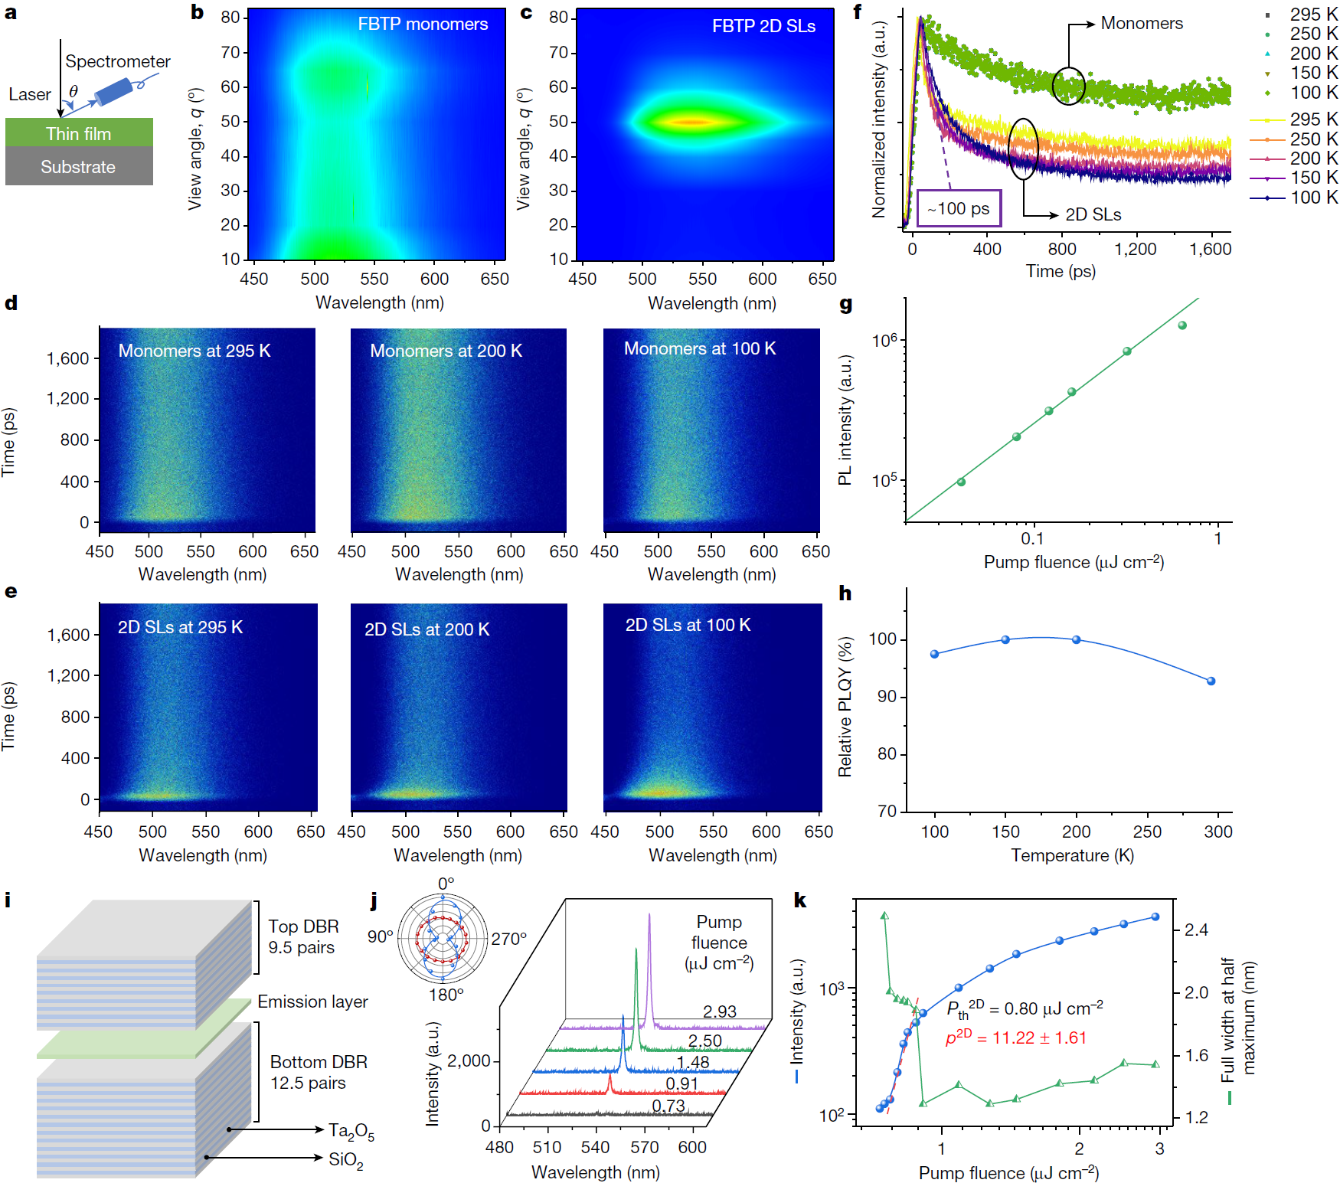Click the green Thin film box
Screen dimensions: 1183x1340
pyautogui.click(x=79, y=133)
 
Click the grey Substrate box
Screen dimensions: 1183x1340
pyautogui.click(x=79, y=167)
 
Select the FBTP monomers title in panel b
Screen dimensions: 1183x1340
pyautogui.click(x=423, y=24)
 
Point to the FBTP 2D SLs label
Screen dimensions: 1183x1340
pyautogui.click(x=763, y=26)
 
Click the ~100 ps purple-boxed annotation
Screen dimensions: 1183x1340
pyautogui.click(x=959, y=208)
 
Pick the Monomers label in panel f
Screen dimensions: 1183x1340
pyautogui.click(x=1141, y=23)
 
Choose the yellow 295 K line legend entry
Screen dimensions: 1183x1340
pyautogui.click(x=1293, y=119)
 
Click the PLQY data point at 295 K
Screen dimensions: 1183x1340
pyautogui.click(x=1211, y=681)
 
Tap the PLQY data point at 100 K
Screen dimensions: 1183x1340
pyautogui.click(x=934, y=654)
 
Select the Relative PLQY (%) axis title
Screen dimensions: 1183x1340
pyautogui.click(x=845, y=706)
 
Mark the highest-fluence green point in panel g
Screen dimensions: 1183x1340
pyautogui.click(x=1182, y=325)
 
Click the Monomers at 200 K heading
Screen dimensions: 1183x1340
pyautogui.click(x=446, y=351)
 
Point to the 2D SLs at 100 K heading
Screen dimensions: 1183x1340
pyautogui.click(x=688, y=625)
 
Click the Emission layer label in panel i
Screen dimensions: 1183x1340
pyautogui.click(x=312, y=1002)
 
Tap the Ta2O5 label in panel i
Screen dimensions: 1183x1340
pyautogui.click(x=351, y=1131)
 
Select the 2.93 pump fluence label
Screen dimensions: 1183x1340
pyautogui.click(x=720, y=1011)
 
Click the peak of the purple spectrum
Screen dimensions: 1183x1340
pyautogui.click(x=649, y=914)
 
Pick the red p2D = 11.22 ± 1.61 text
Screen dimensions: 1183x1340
pyautogui.click(x=1015, y=1038)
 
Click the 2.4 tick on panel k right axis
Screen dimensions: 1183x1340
pyautogui.click(x=1196, y=930)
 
